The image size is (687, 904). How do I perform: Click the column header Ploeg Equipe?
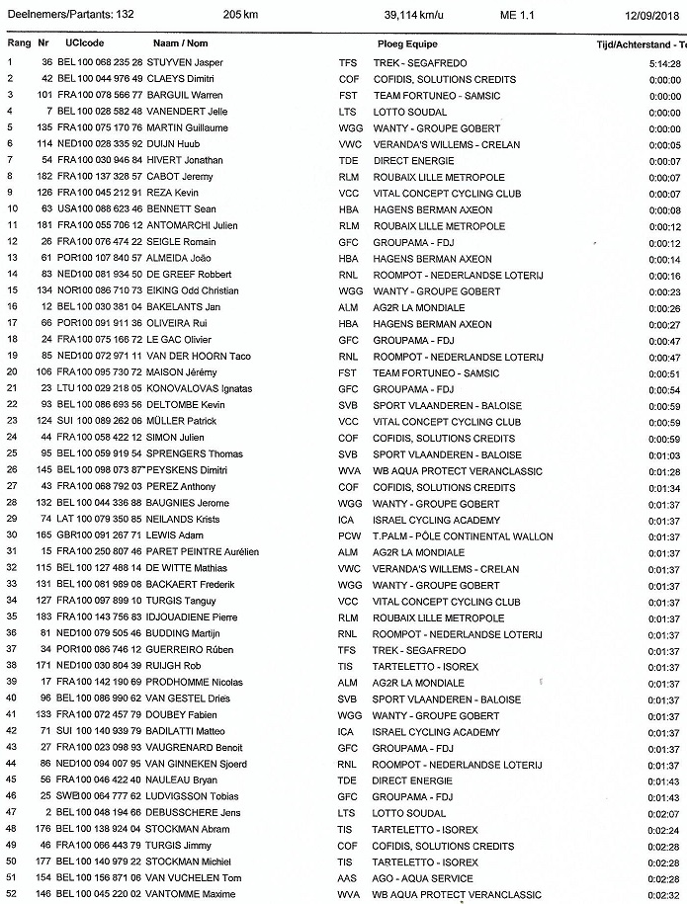(407, 44)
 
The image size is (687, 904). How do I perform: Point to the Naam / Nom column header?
(180, 44)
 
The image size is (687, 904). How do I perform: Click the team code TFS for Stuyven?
(348, 62)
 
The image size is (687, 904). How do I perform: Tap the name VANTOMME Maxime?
(188, 895)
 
